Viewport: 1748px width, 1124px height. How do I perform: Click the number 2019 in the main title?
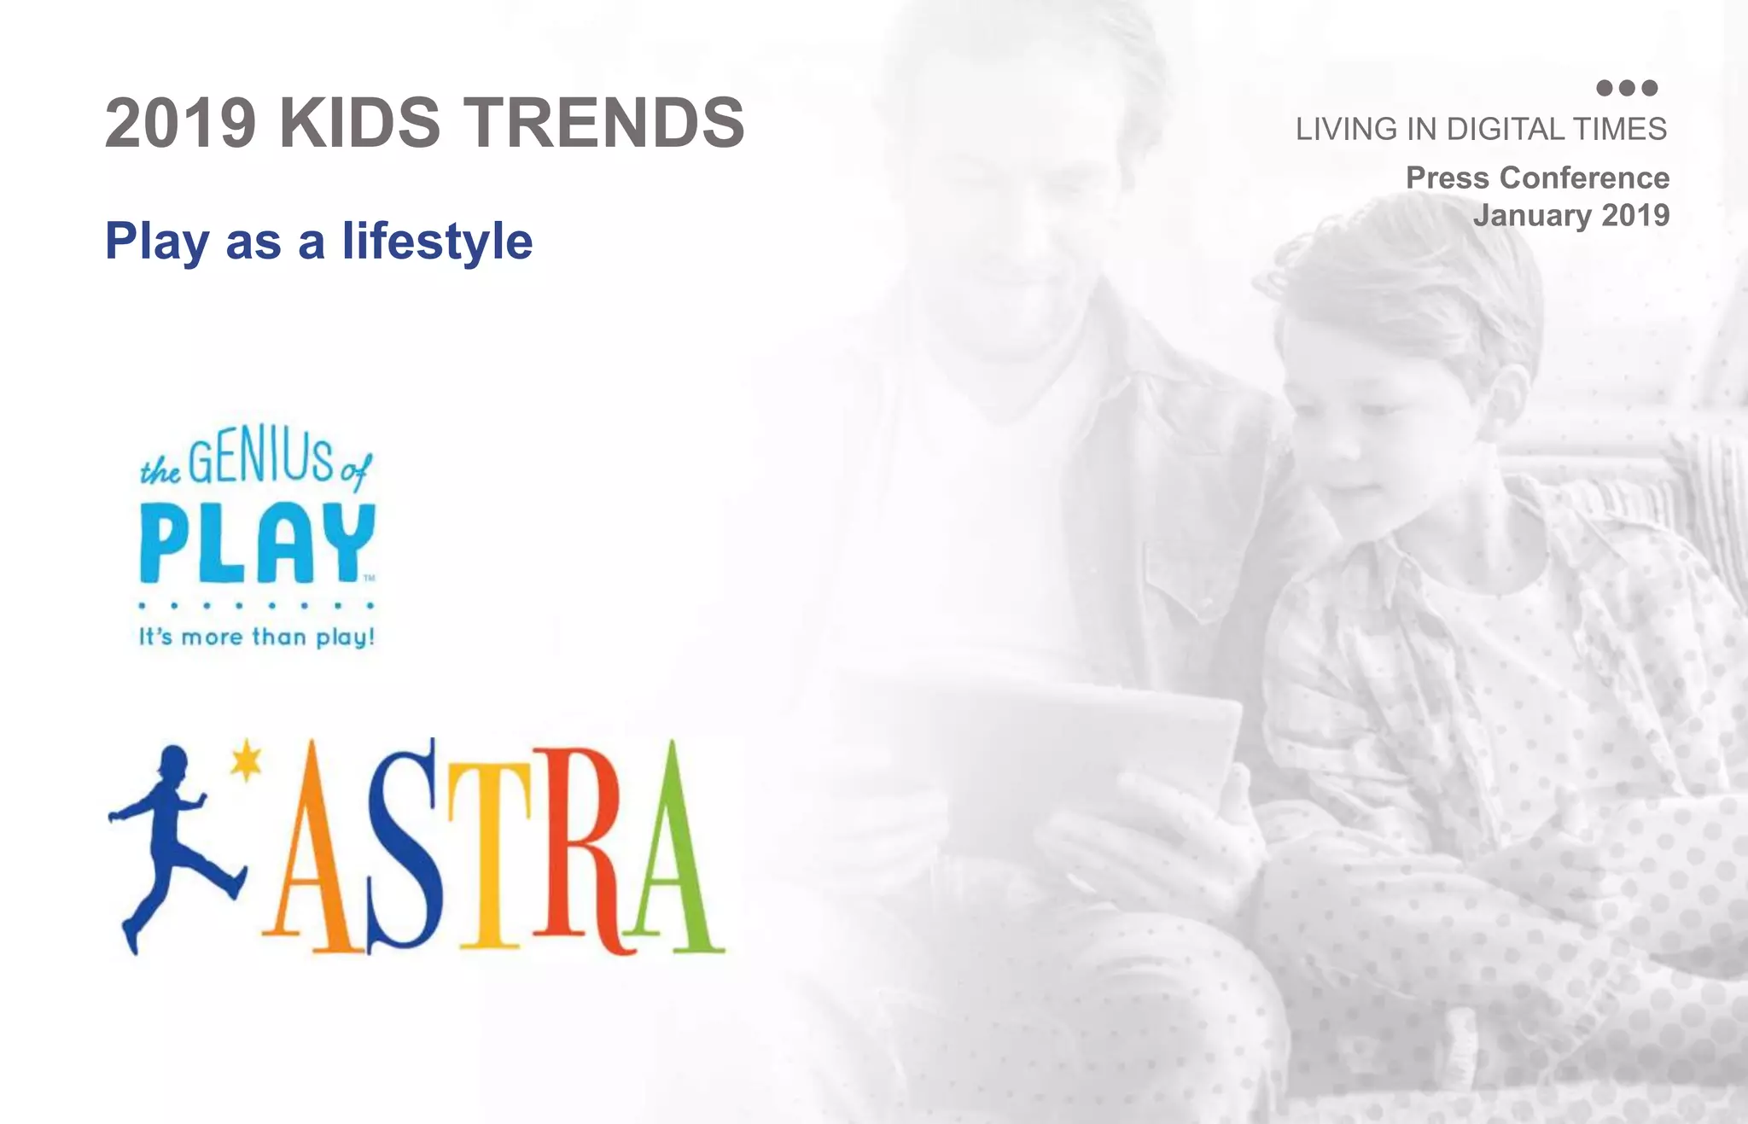(180, 123)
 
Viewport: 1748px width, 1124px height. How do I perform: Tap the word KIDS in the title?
(359, 123)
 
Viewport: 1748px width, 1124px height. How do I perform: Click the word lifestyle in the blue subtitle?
(437, 242)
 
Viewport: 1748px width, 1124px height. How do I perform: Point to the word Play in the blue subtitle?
(157, 242)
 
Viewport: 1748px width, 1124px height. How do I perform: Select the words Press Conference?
(1537, 178)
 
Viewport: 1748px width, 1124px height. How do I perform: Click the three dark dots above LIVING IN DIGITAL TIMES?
(1626, 88)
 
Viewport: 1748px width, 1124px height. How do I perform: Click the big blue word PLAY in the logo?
(256, 543)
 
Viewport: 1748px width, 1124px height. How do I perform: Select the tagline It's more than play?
(256, 637)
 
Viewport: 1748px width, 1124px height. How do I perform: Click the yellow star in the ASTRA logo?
(247, 759)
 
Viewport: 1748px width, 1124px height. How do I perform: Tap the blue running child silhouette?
(171, 845)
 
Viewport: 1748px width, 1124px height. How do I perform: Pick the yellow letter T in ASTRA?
(489, 853)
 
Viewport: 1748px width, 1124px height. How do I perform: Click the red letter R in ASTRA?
(580, 853)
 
